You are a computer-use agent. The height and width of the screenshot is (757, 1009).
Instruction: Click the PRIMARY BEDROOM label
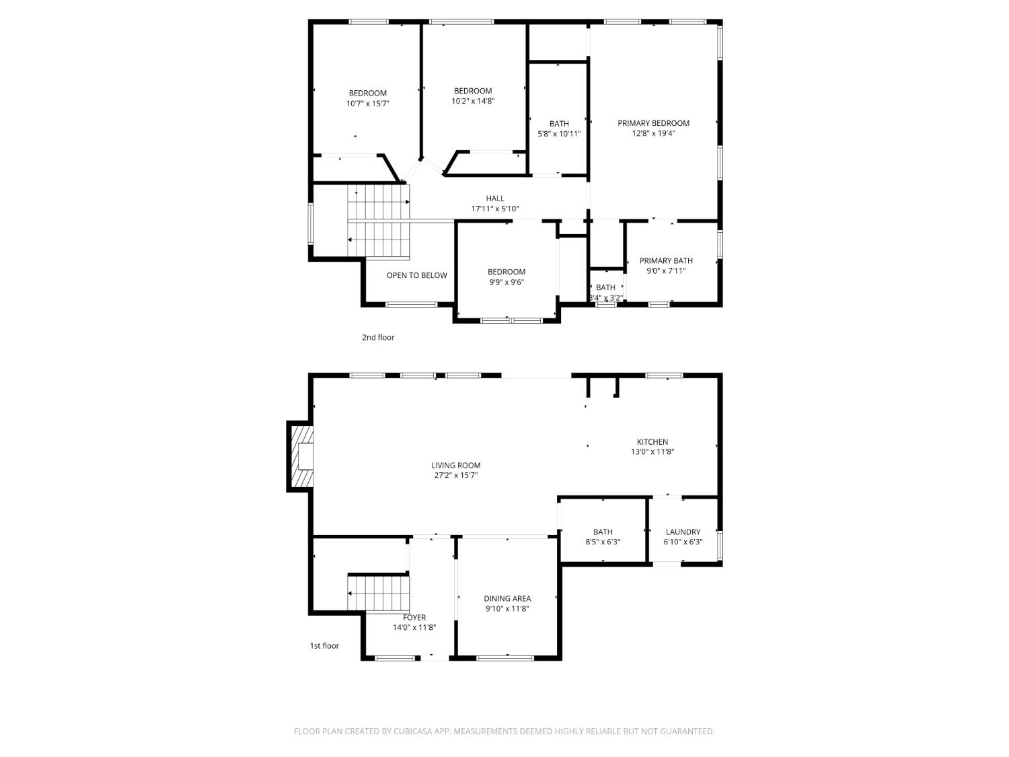653,123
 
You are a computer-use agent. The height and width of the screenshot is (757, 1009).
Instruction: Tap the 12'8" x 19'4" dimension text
653,134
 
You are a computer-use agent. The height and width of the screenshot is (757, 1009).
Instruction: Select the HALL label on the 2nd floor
495,199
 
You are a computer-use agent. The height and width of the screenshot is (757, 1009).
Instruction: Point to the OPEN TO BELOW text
416,275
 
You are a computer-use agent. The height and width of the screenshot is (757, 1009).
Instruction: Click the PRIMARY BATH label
666,260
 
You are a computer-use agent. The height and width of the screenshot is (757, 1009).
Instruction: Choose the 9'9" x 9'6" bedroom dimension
507,282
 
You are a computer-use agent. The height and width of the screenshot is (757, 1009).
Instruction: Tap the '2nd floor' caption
378,337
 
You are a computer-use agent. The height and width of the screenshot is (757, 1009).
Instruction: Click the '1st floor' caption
324,646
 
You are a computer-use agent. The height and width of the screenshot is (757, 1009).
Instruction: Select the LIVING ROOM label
455,465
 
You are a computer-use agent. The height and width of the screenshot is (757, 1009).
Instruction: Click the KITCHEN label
652,441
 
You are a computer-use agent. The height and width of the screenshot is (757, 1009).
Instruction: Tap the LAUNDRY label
683,532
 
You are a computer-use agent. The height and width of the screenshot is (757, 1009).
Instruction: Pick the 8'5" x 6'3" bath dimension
603,542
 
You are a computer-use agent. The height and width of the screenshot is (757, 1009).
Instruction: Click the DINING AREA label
507,598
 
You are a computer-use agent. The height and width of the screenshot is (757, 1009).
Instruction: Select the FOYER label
414,618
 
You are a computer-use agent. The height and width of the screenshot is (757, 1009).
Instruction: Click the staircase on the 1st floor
378,593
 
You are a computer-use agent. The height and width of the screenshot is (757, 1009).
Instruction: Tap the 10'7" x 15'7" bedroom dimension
368,104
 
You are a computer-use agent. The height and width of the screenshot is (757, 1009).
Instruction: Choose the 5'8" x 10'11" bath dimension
559,134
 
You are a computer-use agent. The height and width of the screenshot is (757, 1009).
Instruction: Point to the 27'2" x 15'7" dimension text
455,475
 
